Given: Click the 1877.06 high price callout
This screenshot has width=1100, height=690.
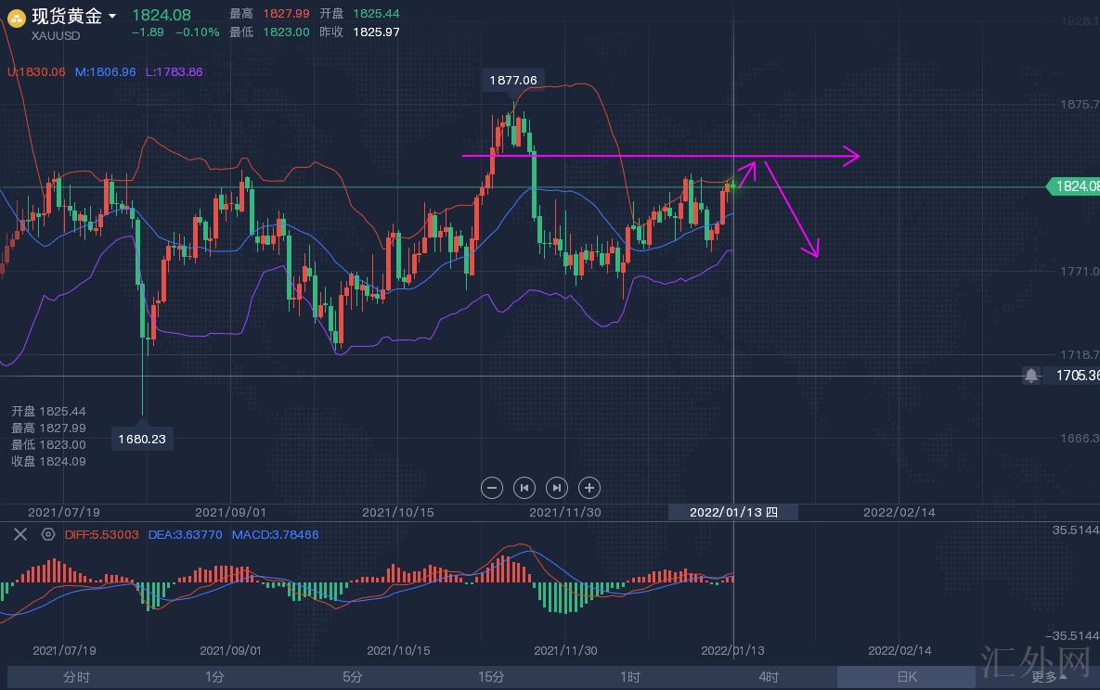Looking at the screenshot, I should pos(512,80).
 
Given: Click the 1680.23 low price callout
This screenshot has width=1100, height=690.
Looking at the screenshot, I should pos(142,439).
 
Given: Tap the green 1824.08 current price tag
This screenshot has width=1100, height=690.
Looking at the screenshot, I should pos(1075,186).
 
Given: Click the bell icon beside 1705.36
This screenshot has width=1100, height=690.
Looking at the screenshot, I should pos(1030,376).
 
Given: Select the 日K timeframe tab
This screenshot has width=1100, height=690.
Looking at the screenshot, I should pos(906,677).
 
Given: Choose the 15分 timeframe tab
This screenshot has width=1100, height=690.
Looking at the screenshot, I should pos(491,677).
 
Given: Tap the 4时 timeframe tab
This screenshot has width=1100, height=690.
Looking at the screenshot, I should pos(768,677).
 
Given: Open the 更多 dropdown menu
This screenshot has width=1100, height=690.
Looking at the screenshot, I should pos(1047,677).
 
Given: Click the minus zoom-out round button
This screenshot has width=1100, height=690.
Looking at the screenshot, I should pos(493,487).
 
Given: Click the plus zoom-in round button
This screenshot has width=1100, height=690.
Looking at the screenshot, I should pos(589,487).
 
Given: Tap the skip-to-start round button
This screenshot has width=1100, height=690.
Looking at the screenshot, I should pos(524,487).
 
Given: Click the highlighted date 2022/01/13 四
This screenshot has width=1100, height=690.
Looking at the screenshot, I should pos(733,512).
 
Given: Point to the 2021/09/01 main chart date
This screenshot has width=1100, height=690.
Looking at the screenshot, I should pos(230,512).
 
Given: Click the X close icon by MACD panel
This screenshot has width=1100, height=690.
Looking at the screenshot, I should pos(19,534).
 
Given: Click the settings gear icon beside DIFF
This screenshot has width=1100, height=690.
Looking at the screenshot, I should pos(48,534).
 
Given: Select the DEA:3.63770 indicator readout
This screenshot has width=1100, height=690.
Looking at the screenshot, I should pos(186,534).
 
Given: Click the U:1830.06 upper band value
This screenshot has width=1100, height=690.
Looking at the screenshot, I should pos(36,71).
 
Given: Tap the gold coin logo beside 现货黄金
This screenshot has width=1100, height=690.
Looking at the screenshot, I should pos(16,17).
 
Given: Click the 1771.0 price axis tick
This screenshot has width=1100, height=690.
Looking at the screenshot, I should pos(1079,271).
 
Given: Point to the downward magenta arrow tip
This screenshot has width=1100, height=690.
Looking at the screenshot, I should pos(817,255).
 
